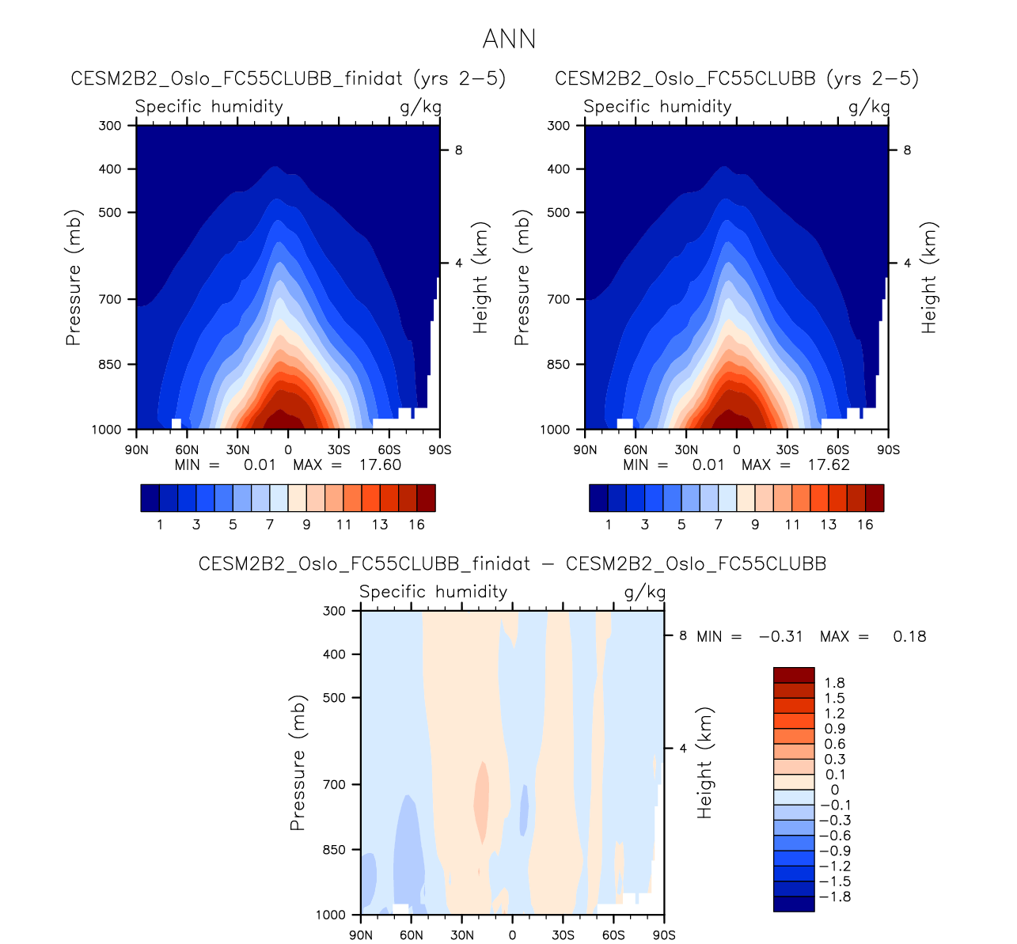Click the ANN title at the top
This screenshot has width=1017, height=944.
pyautogui.click(x=509, y=39)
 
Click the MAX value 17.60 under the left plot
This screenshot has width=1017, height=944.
pyautogui.click(x=380, y=464)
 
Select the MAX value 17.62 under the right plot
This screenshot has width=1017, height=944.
pyautogui.click(x=829, y=464)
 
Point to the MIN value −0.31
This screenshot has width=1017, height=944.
pyautogui.click(x=780, y=636)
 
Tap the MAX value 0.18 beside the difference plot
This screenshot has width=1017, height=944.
pyautogui.click(x=909, y=636)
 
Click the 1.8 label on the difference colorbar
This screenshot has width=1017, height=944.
pyautogui.click(x=834, y=683)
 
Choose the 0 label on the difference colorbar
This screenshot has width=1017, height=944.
pyautogui.click(x=834, y=790)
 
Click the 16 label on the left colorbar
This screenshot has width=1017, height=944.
pyautogui.click(x=416, y=525)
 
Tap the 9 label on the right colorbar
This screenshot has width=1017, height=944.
pyautogui.click(x=755, y=525)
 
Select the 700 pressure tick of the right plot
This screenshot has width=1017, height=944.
pyautogui.click(x=560, y=299)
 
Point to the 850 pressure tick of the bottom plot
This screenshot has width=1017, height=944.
pyautogui.click(x=336, y=850)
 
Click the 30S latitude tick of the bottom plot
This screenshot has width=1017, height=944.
pyautogui.click(x=563, y=935)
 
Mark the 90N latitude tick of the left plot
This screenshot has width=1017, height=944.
pyautogui.click(x=137, y=450)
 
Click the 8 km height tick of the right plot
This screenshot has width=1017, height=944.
pyautogui.click(x=907, y=150)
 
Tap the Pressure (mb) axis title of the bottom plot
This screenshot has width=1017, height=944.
pyautogui.click(x=298, y=763)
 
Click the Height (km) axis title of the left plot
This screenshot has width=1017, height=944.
pyautogui.click(x=480, y=277)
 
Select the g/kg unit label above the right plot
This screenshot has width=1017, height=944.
pyautogui.click(x=869, y=107)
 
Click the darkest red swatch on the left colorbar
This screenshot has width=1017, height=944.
pyautogui.click(x=426, y=499)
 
